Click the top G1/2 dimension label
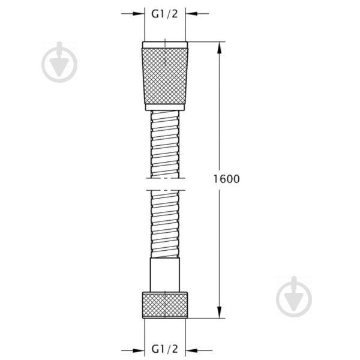pyautogui.click(x=164, y=14)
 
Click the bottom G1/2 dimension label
pyautogui.click(x=164, y=349)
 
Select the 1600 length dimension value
pyautogui.click(x=227, y=179)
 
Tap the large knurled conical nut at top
pyautogui.click(x=165, y=76)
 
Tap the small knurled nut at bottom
pyautogui.click(x=165, y=305)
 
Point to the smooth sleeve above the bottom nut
pyautogui.click(x=165, y=275)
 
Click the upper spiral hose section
pyautogui.click(x=165, y=144)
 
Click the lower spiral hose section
pyautogui.click(x=165, y=224)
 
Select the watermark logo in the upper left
pyautogui.click(x=59, y=62)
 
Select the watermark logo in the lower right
pyautogui.click(x=294, y=296)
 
